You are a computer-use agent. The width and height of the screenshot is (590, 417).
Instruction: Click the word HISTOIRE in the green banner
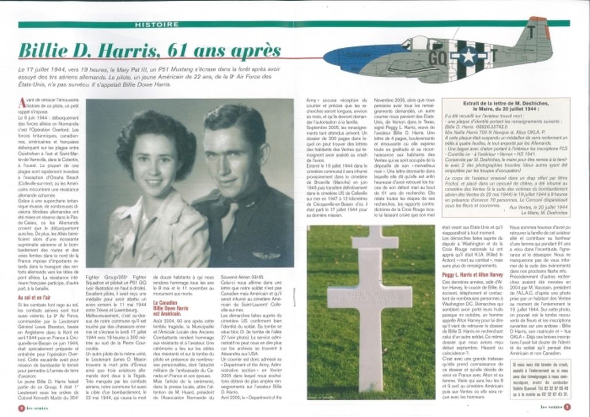coord(156,25)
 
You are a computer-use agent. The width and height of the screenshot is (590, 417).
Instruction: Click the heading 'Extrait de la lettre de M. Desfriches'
coord(505,104)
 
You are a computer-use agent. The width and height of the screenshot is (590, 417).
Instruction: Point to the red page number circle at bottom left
coord(22,407)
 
